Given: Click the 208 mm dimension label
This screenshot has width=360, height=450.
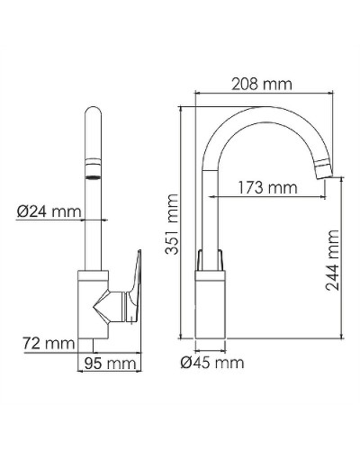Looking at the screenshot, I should coord(261,84).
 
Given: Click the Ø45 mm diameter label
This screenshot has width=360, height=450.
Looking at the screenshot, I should coord(211,363).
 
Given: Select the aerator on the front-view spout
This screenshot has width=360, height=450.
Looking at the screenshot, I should coord(94,170).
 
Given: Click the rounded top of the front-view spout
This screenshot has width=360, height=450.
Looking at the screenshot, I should coord(94,112).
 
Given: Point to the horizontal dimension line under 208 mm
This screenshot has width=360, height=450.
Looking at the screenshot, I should coord(261,94).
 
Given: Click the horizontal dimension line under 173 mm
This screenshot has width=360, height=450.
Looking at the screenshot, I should coord(267,199).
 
